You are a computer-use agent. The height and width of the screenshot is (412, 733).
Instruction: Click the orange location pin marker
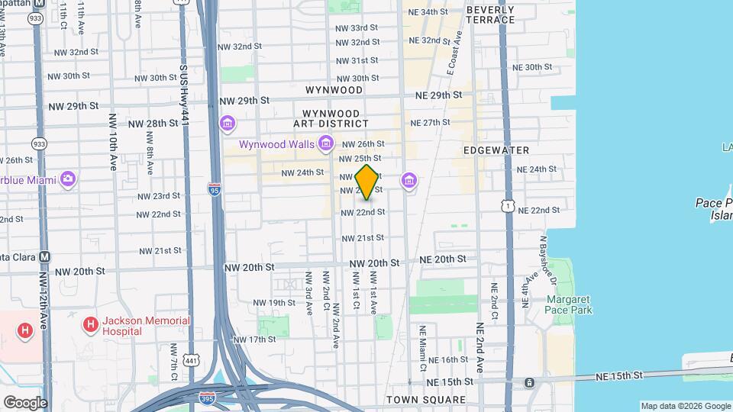coord(367,182)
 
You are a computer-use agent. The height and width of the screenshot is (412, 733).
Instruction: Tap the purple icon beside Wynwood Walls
coord(326,143)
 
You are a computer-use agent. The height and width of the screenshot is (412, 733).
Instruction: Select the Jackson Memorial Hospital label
coord(137,327)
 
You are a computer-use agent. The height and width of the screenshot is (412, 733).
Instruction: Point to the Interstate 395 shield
coord(207,398)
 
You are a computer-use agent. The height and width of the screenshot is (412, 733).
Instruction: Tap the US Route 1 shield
coord(507,205)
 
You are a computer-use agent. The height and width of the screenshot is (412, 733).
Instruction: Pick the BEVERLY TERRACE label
coord(489,14)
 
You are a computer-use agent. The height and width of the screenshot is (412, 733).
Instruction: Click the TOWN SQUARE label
coord(426,400)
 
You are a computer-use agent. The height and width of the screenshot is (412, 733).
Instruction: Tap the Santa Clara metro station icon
coord(44,257)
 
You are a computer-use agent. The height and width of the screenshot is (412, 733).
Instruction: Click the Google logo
coord(24,402)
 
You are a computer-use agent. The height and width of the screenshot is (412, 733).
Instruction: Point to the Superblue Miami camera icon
coord(68,179)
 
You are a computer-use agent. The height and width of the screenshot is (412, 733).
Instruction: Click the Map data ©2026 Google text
coord(685,406)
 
